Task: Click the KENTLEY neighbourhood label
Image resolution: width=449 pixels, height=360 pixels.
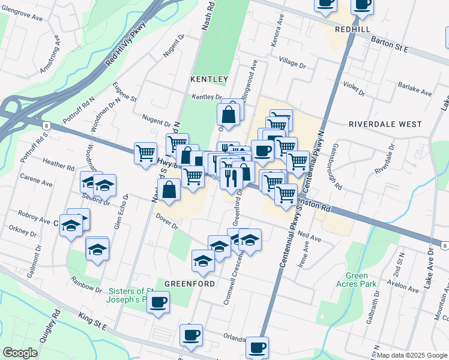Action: coord(209,79)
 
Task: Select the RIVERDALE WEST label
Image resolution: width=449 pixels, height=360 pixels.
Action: coord(385,124)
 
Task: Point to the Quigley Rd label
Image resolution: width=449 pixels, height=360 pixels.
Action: coord(48,325)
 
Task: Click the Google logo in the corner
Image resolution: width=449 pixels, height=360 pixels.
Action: coord(20,353)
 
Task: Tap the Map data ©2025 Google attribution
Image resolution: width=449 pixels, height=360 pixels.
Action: coord(412,355)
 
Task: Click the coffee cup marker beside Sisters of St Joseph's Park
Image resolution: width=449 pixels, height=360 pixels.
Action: coord(158,301)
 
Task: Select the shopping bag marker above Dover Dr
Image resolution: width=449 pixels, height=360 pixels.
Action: coord(170,190)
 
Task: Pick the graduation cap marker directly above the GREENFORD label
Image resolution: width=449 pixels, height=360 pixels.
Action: coord(203,260)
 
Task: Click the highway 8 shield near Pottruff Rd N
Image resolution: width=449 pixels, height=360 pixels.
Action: coord(46,125)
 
